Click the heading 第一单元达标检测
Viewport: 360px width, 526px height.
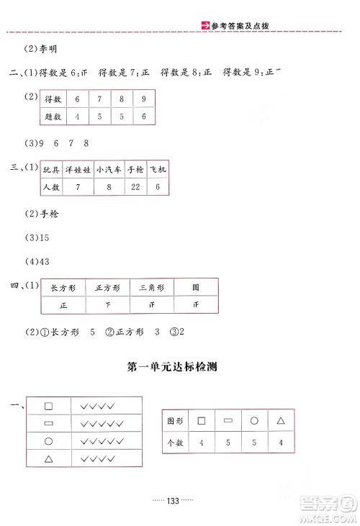click(171, 367)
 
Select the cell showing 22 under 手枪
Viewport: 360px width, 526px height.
click(135, 188)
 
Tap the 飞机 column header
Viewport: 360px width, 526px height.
click(158, 168)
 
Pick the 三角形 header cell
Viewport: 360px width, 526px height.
click(151, 287)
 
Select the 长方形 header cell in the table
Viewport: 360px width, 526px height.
click(63, 287)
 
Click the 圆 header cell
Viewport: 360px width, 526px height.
click(196, 287)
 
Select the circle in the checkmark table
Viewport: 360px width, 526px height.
click(49, 441)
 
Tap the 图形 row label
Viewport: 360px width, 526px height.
click(174, 420)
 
